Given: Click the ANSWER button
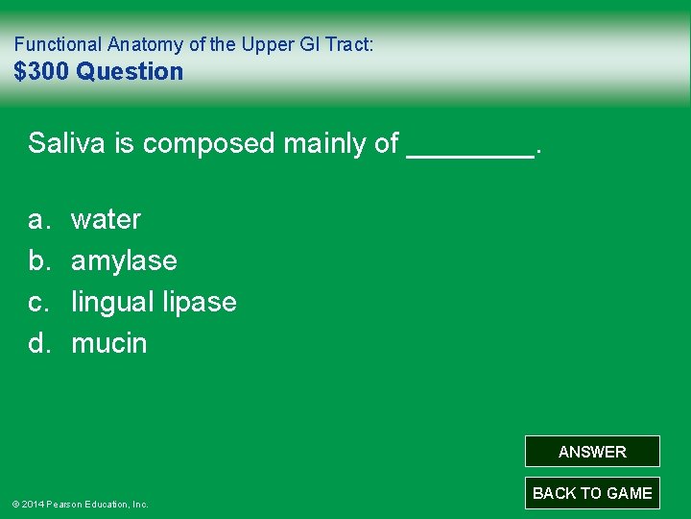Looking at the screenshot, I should click(x=592, y=452).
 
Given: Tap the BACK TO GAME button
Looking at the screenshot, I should click(x=592, y=493).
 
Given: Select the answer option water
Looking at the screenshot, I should click(x=106, y=219).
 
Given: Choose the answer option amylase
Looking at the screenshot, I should click(x=124, y=260).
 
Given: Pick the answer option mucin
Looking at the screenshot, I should click(x=109, y=343).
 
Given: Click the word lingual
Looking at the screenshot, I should click(x=111, y=302).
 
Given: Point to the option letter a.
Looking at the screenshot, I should click(x=38, y=219).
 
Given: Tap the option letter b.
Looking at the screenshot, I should click(x=38, y=260).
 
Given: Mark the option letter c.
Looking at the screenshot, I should click(x=38, y=302).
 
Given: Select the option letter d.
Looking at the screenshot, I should click(x=38, y=343).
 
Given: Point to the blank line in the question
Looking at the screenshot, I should click(x=470, y=152).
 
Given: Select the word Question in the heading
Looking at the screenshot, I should click(x=130, y=71).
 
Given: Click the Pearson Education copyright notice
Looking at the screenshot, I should click(x=80, y=504).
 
